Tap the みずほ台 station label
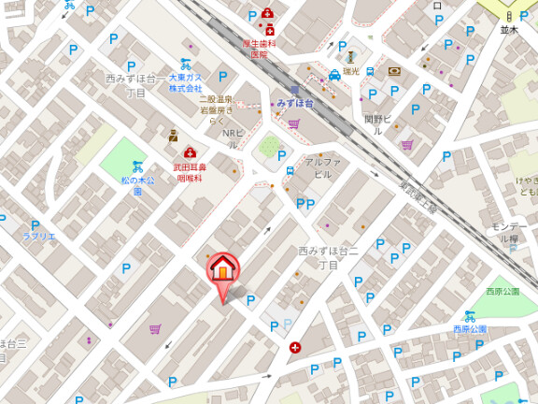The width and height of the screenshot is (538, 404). pyautogui.click(x=296, y=103)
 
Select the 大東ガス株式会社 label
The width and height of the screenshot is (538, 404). pyautogui.click(x=185, y=83)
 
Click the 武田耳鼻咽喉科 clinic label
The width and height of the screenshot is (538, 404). pyautogui.click(x=189, y=172)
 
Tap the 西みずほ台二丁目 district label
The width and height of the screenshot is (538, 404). pyautogui.click(x=329, y=258)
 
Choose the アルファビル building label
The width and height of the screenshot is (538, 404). pyautogui.click(x=322, y=168)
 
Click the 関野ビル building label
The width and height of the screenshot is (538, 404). pyautogui.click(x=375, y=124)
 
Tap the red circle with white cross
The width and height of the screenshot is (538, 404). pyautogui.click(x=295, y=348)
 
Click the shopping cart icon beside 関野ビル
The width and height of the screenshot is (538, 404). pyautogui.click(x=407, y=145)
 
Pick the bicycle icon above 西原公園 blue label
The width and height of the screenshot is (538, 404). pyautogui.click(x=470, y=316)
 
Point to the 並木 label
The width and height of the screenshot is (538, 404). pyautogui.click(x=508, y=30)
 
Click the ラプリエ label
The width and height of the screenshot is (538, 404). pyautogui.click(x=39, y=237)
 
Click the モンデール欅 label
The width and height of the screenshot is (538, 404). pyautogui.click(x=511, y=233)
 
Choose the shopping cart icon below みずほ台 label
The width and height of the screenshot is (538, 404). pyautogui.click(x=294, y=123)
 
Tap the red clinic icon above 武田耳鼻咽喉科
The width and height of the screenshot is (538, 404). pyautogui.click(x=190, y=152)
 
